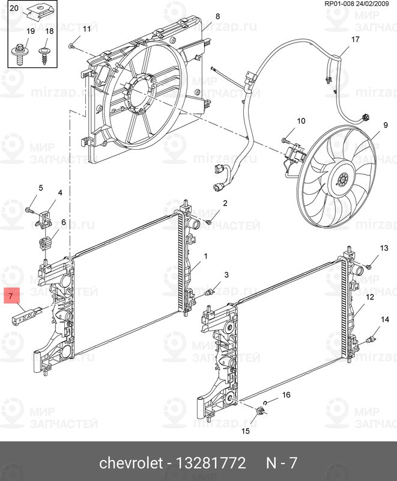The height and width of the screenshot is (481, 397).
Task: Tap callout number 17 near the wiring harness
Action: coord(355,40)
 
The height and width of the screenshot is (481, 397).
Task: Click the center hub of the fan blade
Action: coord(343,179)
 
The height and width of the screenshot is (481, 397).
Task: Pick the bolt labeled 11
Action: coord(71,44)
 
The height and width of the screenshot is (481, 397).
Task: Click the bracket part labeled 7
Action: coord(28,314)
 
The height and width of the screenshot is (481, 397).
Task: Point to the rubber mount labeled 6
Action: coord(45,244)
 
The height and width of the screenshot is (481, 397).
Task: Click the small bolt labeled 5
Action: coord(29,210)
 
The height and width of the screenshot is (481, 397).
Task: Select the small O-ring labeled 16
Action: coord(266,401)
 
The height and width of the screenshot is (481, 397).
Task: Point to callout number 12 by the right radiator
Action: coord(370,297)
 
